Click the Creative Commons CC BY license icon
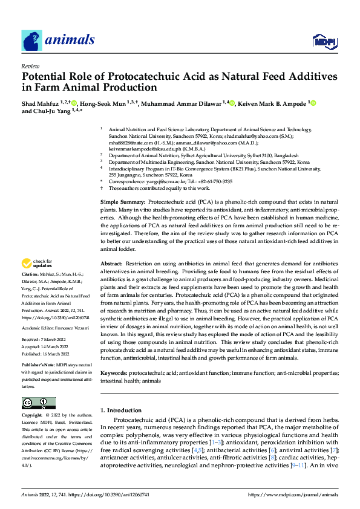point(38,403)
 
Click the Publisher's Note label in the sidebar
point(40,367)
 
